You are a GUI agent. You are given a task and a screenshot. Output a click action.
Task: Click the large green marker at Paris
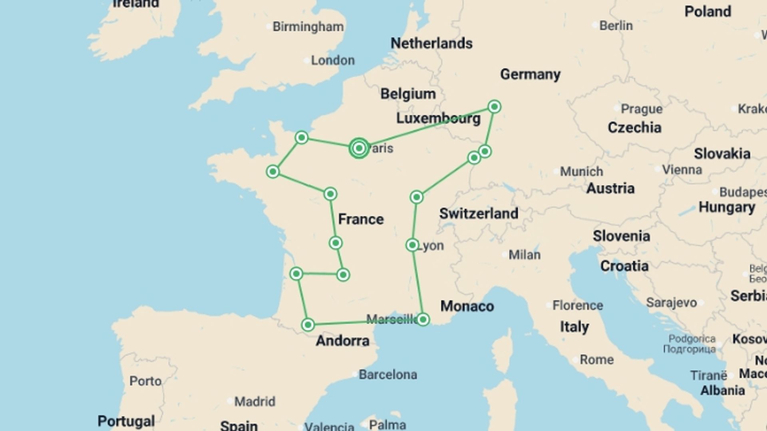coord(359,148)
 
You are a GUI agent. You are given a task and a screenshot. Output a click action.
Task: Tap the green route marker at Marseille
coord(423,319)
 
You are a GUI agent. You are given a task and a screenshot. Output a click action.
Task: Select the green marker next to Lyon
coord(412,245)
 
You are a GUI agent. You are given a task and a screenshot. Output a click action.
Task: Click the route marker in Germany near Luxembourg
coord(494,107)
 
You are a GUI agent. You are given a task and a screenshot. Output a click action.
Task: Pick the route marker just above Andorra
coord(308,324)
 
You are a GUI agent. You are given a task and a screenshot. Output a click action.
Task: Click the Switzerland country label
coord(479,214)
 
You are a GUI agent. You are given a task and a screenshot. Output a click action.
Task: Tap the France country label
coord(361,219)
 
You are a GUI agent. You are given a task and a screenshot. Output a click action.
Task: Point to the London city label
coord(332,60)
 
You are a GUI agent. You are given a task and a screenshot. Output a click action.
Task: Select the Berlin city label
coord(616,26)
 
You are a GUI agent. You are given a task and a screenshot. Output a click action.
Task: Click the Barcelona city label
coord(387,374)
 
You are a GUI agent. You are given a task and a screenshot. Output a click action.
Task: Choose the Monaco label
coord(467,306)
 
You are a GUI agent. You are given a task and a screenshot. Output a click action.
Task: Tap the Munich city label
coord(581,172)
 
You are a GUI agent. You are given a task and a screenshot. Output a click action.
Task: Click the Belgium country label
coord(407,94)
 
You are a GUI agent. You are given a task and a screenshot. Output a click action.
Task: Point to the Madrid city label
coord(254,401)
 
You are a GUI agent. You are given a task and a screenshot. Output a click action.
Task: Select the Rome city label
coord(596,359)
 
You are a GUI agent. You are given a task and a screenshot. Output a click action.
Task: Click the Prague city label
coord(641,109)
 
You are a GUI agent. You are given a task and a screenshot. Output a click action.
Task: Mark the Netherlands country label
coord(431,43)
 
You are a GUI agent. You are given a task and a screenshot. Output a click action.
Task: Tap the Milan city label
coord(524,255)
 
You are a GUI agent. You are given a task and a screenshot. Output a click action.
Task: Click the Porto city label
coord(145,381)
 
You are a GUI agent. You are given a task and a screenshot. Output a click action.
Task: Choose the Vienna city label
coord(682,170)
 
